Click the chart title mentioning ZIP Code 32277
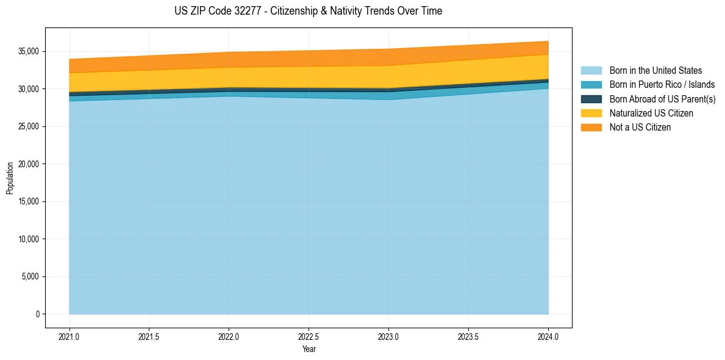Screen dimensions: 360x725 [x=308, y=11]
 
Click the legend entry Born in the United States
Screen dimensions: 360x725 [x=655, y=71]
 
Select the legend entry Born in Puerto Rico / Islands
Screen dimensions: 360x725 [x=662, y=85]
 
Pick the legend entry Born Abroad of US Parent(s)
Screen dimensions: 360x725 [x=662, y=99]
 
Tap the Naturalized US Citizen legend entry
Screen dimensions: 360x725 [x=651, y=113]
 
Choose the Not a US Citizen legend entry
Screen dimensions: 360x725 [x=640, y=127]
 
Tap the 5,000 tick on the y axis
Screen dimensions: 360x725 [x=31, y=276]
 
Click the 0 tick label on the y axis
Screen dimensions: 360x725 [x=37, y=314]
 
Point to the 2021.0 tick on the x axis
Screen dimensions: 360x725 [x=70, y=336]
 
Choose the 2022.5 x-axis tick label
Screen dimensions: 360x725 [x=309, y=336]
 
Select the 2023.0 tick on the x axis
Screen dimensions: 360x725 [x=388, y=336]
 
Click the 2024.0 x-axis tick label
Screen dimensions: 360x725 [x=548, y=336]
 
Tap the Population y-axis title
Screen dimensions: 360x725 [x=10, y=178]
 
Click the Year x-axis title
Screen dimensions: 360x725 [x=309, y=349]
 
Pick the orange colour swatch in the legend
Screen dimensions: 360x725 [x=591, y=127]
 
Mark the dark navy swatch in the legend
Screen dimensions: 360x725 [x=591, y=99]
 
